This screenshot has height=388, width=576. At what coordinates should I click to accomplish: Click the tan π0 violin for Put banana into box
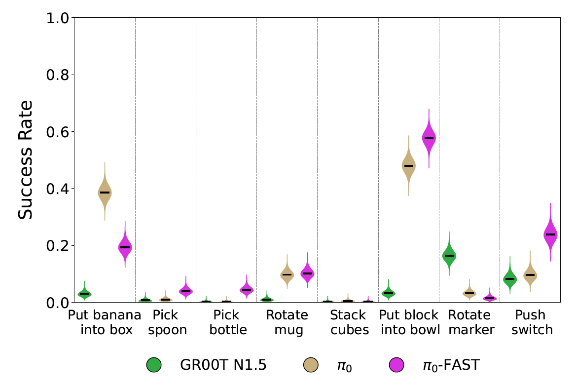point(105,193)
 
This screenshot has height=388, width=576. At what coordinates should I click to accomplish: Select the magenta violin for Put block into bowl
point(429,138)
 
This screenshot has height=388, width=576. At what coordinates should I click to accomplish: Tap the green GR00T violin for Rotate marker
point(449,255)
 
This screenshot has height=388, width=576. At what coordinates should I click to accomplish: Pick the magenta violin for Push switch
point(550,234)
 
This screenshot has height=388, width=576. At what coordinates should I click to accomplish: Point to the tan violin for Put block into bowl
point(408,166)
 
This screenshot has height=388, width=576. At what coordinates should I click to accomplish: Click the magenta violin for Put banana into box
point(125,247)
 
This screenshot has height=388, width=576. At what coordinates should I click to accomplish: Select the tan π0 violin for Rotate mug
point(287,274)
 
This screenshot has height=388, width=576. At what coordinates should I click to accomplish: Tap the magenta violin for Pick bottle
point(247,289)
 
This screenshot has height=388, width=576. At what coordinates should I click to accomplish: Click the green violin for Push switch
point(510,279)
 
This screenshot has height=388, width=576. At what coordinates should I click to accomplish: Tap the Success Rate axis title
point(26,160)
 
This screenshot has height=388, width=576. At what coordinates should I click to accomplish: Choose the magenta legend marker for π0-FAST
point(396,365)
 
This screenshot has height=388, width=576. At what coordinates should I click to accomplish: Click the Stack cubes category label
point(348,322)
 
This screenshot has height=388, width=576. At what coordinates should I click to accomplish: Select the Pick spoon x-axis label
point(165,322)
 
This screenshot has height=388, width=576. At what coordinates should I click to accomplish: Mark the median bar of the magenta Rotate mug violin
point(307,273)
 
